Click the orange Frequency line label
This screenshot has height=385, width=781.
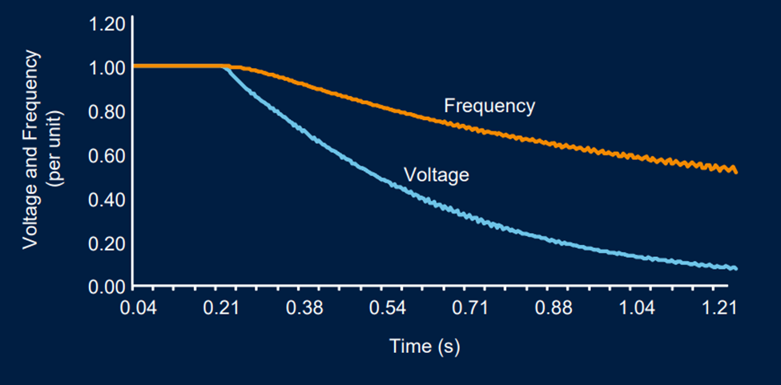coord(489,106)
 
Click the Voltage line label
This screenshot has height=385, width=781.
coord(436,174)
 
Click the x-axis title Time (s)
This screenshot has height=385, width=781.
coord(424,347)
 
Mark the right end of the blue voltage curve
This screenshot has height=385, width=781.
coord(735,268)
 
